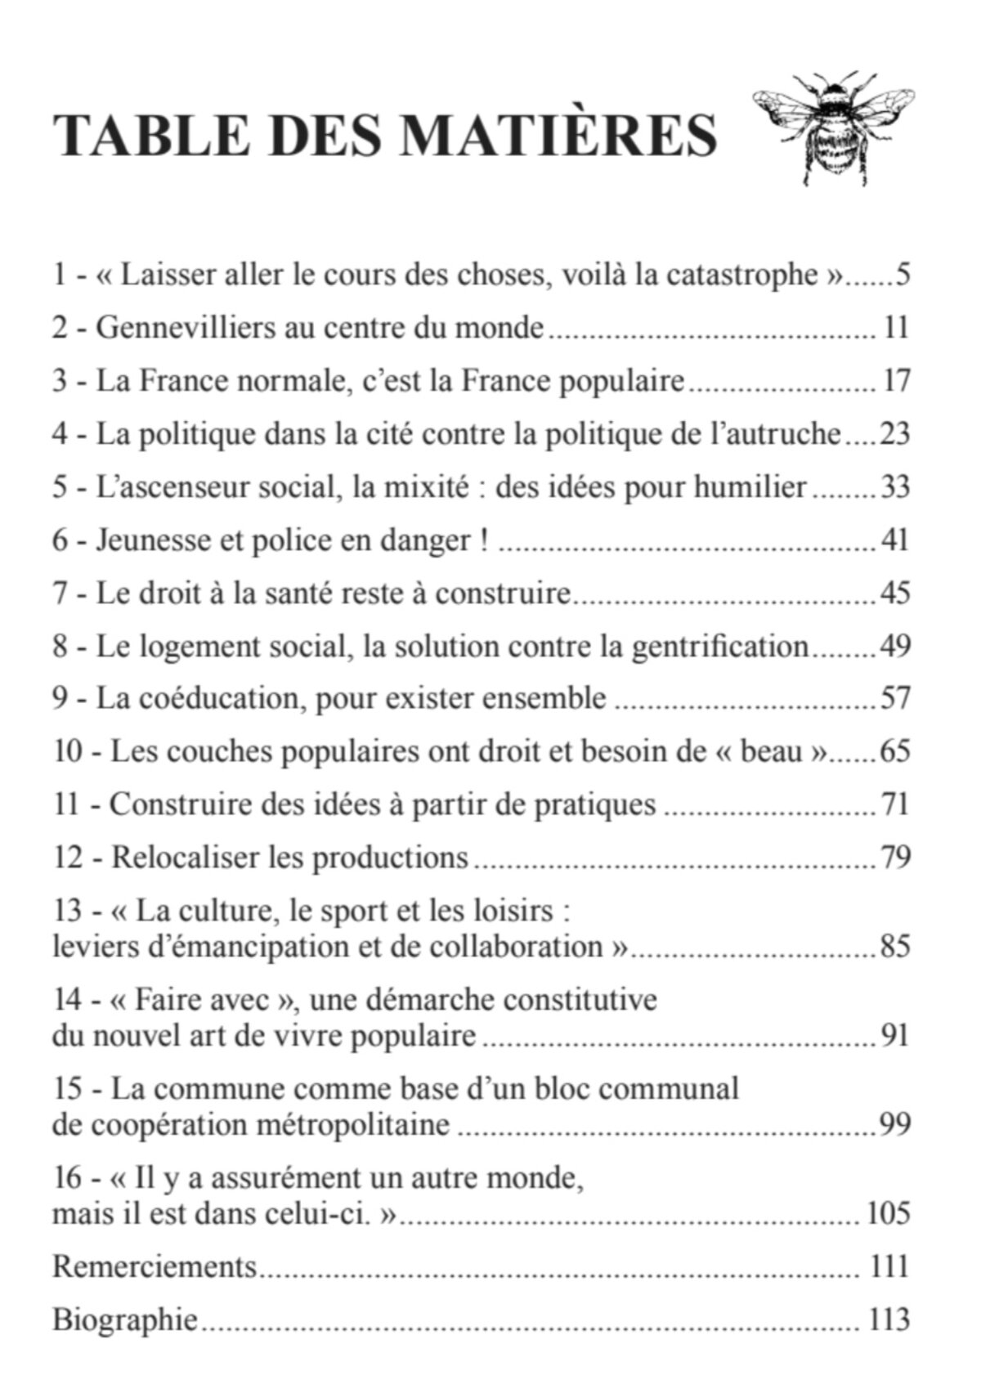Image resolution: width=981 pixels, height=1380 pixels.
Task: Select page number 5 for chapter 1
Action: click(x=903, y=276)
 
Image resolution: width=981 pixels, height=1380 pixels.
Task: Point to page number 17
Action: click(x=896, y=382)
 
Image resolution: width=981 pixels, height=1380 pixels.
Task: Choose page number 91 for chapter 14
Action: click(x=895, y=1036)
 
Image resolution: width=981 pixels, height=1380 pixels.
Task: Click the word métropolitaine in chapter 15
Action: click(x=353, y=1125)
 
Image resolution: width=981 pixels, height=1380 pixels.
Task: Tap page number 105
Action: click(x=888, y=1213)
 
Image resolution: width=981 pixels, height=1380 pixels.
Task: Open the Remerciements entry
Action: click(x=155, y=1266)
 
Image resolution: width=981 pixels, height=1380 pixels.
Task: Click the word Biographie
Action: click(x=125, y=1320)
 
